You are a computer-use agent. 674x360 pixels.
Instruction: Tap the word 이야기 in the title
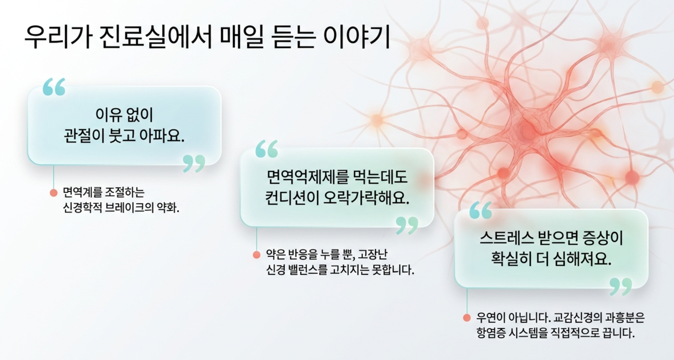coord(356,37)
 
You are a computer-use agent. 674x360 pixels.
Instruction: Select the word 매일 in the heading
coord(242,37)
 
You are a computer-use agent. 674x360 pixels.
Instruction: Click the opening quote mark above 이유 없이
coord(54,87)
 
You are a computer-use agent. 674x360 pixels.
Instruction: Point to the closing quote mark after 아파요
coord(194,164)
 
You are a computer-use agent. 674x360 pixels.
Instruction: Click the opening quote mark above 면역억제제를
coord(267,149)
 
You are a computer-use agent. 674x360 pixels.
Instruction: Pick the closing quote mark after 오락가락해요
coord(407,226)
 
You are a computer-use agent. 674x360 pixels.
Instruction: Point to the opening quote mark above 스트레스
coord(481,210)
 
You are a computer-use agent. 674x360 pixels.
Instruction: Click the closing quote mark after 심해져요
coord(621,287)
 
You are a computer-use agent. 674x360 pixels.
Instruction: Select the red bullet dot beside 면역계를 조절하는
coord(54,193)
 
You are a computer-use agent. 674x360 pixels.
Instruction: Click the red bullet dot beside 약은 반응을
coord(257,255)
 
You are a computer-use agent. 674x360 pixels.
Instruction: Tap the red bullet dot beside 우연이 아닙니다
coord(467,318)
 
